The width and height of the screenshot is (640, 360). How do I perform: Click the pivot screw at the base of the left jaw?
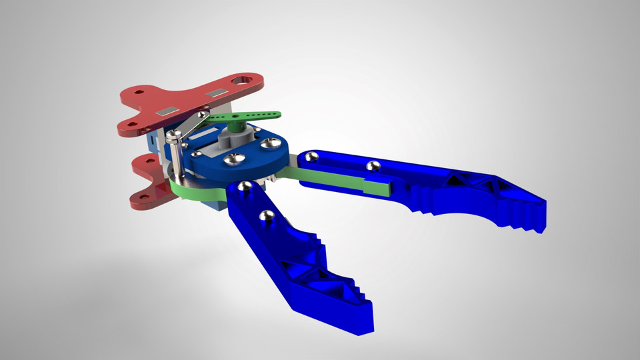coord(245,187)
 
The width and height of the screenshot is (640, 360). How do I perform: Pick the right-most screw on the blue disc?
coord(270,142)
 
